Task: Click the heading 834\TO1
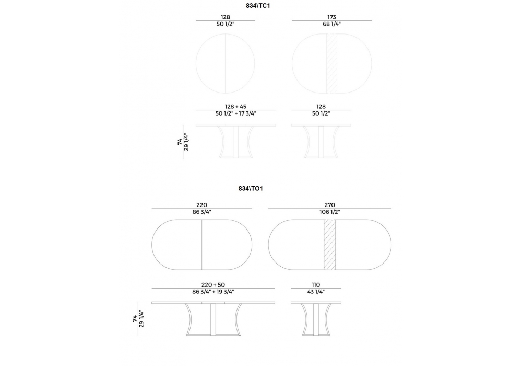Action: click(x=251, y=188)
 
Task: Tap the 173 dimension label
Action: click(x=331, y=17)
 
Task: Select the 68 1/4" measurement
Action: click(x=331, y=24)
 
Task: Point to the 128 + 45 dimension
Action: click(x=236, y=106)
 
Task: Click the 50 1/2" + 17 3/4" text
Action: click(x=236, y=113)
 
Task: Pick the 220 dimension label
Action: click(x=201, y=205)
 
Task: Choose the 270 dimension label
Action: click(x=329, y=205)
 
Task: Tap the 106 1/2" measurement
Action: click(x=329, y=212)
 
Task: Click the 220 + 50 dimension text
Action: click(x=213, y=284)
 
